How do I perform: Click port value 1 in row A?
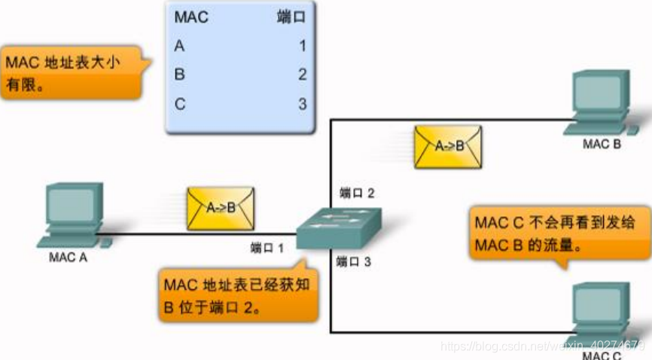pyautogui.click(x=302, y=46)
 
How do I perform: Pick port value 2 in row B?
pyautogui.click(x=302, y=75)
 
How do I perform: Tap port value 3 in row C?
pyautogui.click(x=302, y=104)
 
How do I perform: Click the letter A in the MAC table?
pyautogui.click(x=179, y=46)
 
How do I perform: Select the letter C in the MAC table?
pyautogui.click(x=179, y=104)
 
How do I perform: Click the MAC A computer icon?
pyautogui.click(x=73, y=215)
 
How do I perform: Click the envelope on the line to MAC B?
pyautogui.click(x=449, y=146)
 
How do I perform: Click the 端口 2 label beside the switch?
pyautogui.click(x=357, y=193)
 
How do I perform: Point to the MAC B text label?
pyautogui.click(x=602, y=143)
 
